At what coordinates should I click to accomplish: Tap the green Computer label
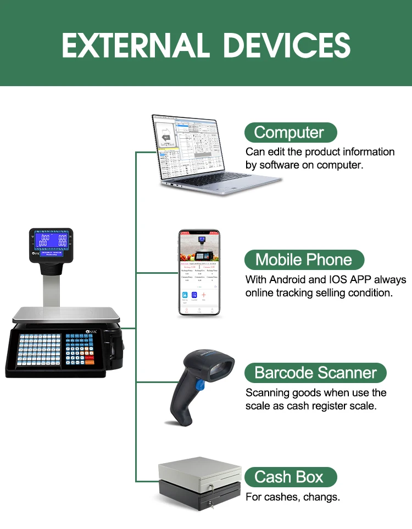[289, 132]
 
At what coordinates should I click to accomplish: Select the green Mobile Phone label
[303, 260]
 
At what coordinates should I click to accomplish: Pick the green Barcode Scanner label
[315, 373]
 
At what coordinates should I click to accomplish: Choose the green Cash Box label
[288, 477]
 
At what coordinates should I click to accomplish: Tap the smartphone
[199, 273]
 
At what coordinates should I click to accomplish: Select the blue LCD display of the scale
[51, 240]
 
